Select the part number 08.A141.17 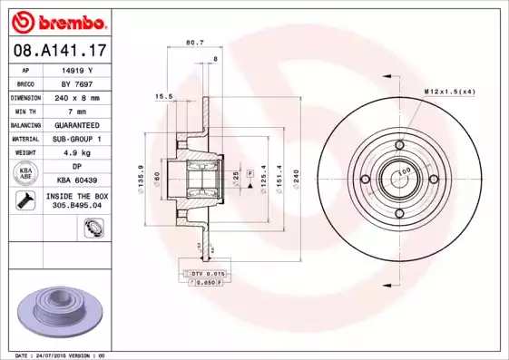click(59, 49)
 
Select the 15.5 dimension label click(163, 95)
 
